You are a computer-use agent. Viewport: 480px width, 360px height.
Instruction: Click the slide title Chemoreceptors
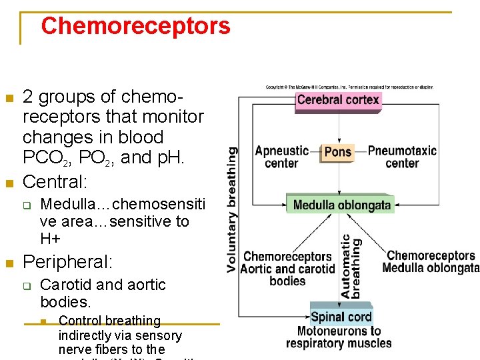[x=135, y=27]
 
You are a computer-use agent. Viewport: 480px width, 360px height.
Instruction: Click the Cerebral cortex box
[x=338, y=101]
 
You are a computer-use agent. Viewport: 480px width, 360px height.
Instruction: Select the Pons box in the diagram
[x=337, y=152]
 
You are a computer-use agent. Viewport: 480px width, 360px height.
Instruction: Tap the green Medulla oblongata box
[x=341, y=205]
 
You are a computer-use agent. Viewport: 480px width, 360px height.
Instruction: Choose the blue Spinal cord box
[x=341, y=317]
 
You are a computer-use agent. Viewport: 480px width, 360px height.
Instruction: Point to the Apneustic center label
[x=281, y=157]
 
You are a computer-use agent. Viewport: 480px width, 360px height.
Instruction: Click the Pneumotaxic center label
[x=401, y=157]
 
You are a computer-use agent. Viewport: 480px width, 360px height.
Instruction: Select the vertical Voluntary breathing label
[x=232, y=209]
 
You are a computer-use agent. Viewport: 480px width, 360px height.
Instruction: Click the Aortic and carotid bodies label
[x=287, y=269]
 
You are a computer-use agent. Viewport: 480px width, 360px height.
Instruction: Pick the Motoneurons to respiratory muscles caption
[x=339, y=337]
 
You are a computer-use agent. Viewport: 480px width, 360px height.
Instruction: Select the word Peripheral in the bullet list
[x=67, y=261]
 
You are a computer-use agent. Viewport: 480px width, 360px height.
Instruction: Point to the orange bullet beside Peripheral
[x=9, y=263]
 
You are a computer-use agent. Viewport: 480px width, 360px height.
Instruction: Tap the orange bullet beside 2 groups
[x=9, y=99]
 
